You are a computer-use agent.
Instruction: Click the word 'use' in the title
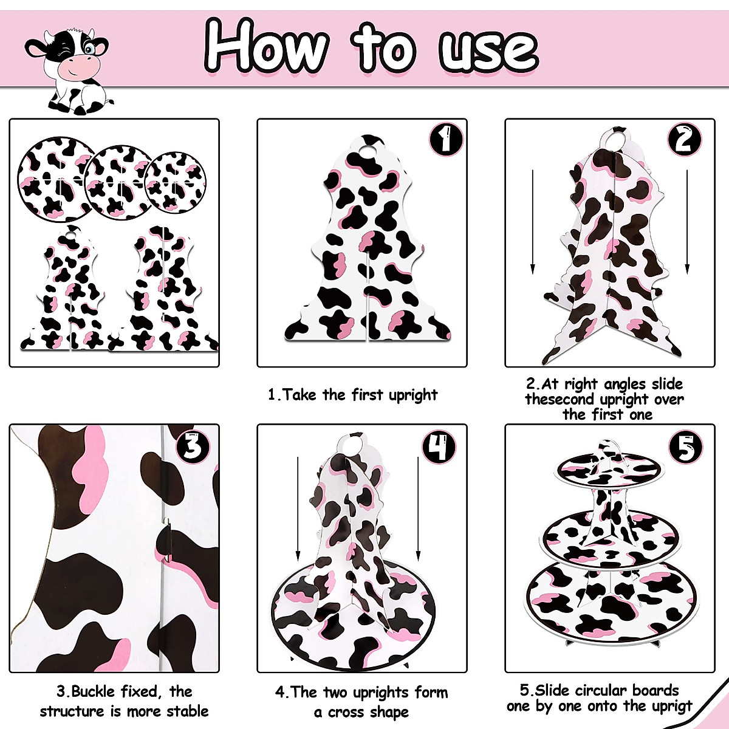point(488,49)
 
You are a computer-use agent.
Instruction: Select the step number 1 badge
point(447,140)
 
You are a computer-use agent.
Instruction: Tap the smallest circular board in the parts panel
point(175,182)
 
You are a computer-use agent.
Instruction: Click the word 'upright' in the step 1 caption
point(413,395)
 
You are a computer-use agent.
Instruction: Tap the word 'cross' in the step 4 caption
point(352,711)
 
